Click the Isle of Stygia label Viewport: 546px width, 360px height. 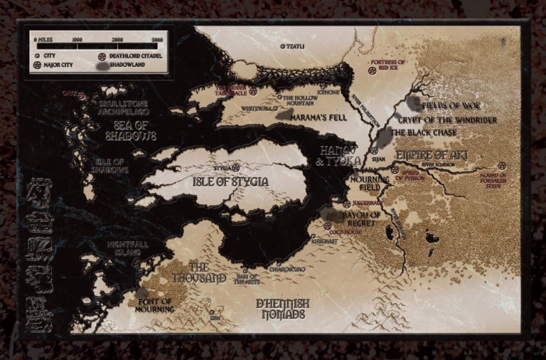pos(230,182)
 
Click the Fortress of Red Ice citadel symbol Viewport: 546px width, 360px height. pos(371,70)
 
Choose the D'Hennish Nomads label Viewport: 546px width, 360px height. pos(282,309)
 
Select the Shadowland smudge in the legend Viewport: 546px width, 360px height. pos(102,65)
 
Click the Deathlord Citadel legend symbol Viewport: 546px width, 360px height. pos(102,54)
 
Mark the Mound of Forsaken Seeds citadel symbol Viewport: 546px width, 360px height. pos(502,166)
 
